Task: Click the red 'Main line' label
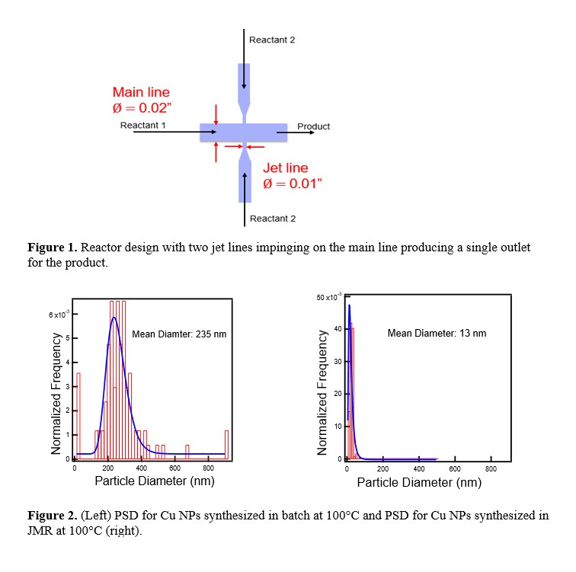click(x=141, y=93)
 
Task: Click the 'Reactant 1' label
click(x=142, y=125)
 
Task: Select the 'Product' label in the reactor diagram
click(x=313, y=126)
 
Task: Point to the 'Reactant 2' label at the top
click(x=272, y=40)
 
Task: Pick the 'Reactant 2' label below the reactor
click(x=272, y=219)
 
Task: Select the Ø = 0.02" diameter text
click(x=141, y=108)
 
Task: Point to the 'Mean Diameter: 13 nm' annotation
click(x=437, y=333)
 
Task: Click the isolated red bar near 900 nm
click(x=226, y=444)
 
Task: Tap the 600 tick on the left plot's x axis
click(x=174, y=468)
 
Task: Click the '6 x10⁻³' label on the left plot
click(x=58, y=315)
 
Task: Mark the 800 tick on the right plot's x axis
click(x=491, y=468)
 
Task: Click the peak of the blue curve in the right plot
click(x=349, y=305)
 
